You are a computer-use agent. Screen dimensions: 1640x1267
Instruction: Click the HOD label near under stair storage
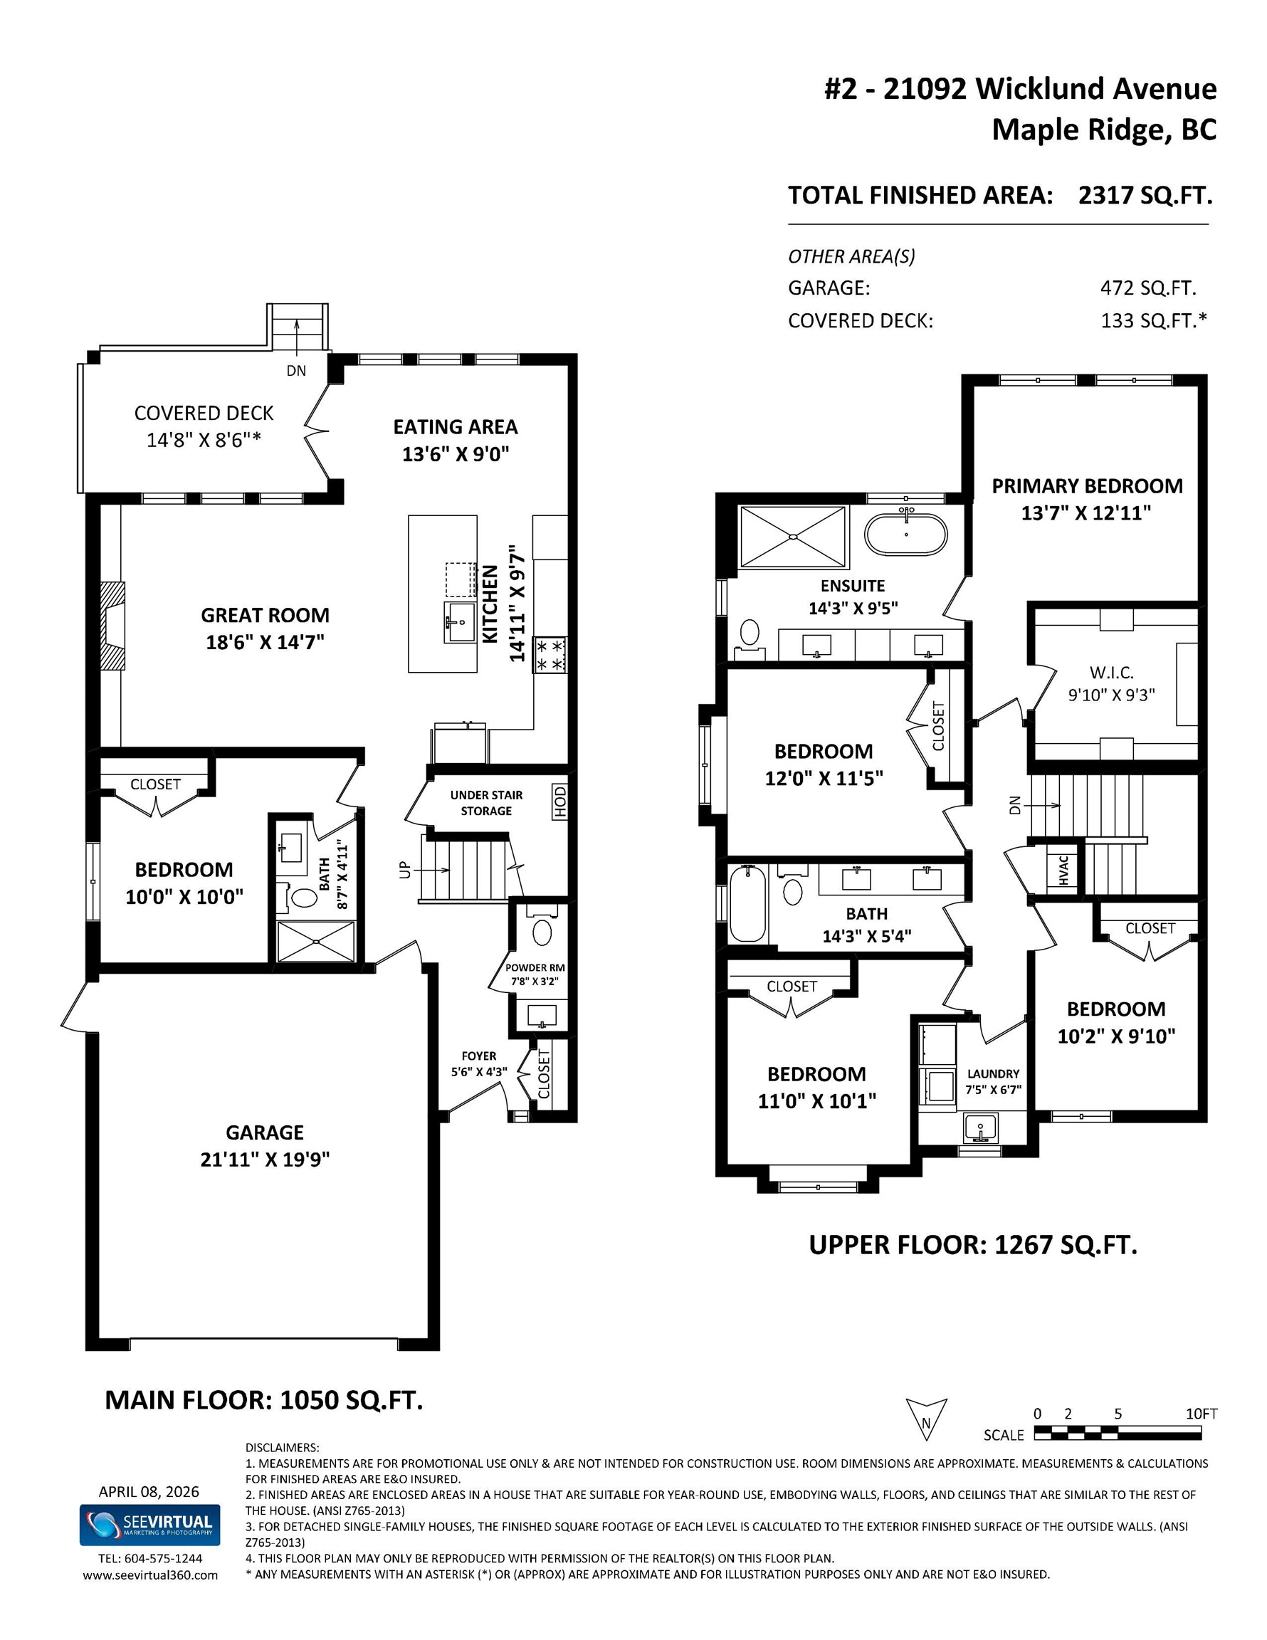tap(559, 802)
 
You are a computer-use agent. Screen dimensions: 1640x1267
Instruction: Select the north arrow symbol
tap(926, 1419)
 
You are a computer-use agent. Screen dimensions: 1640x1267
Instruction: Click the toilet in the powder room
tap(542, 932)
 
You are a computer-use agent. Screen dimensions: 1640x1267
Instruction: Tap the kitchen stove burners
tap(550, 655)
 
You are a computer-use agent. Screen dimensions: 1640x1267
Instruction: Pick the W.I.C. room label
tap(1112, 673)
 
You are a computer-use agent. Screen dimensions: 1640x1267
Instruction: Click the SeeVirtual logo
tap(149, 1525)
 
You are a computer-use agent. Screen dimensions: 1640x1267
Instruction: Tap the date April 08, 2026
tap(149, 1491)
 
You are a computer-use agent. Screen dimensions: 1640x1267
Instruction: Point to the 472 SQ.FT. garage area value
tap(1147, 288)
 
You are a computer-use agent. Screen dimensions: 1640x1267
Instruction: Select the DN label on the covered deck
tap(297, 370)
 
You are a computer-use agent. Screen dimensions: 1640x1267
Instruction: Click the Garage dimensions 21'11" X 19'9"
tap(264, 1160)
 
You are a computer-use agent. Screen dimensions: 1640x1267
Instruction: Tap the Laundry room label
tap(993, 1074)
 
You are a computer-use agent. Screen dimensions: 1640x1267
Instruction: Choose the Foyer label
tap(478, 1056)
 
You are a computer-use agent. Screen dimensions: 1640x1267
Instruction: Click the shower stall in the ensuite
tap(792, 537)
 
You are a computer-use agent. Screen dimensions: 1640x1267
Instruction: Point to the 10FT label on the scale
tap(1201, 1414)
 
